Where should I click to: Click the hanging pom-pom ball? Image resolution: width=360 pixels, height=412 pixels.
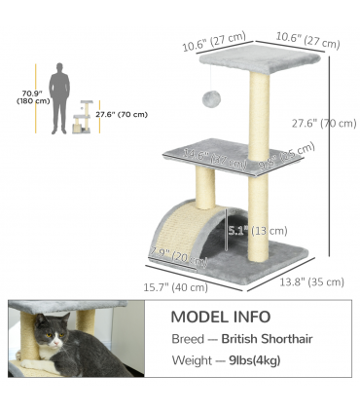[209, 100]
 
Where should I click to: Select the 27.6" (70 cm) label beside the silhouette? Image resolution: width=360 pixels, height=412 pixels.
[122, 114]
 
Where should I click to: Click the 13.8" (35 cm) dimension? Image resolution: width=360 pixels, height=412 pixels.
[312, 281]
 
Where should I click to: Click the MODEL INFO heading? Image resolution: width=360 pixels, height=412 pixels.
[221, 317]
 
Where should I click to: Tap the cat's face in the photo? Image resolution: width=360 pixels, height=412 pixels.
[52, 338]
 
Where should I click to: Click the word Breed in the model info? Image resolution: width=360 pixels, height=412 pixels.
[188, 339]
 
